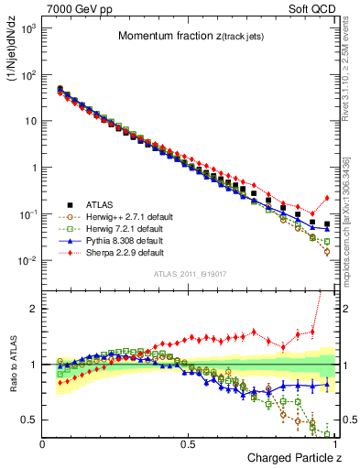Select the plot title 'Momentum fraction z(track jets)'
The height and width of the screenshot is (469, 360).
click(x=189, y=36)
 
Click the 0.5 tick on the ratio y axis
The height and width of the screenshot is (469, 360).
click(x=30, y=420)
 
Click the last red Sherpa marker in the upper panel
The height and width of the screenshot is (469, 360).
click(x=327, y=198)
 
